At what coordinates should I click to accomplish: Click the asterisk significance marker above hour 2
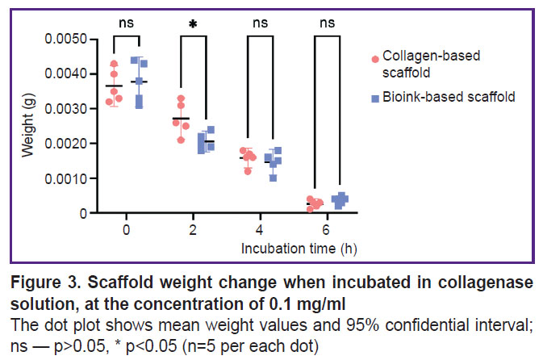pyautogui.click(x=193, y=24)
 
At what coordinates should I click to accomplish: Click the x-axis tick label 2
pyautogui.click(x=193, y=229)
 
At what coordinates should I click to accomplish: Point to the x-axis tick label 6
pyautogui.click(x=326, y=229)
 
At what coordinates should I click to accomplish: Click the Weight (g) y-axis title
pyautogui.click(x=30, y=126)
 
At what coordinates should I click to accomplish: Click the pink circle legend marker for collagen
pyautogui.click(x=374, y=59)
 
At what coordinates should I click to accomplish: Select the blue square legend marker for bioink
pyautogui.click(x=374, y=98)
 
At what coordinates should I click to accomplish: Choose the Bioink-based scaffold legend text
pyautogui.click(x=449, y=97)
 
